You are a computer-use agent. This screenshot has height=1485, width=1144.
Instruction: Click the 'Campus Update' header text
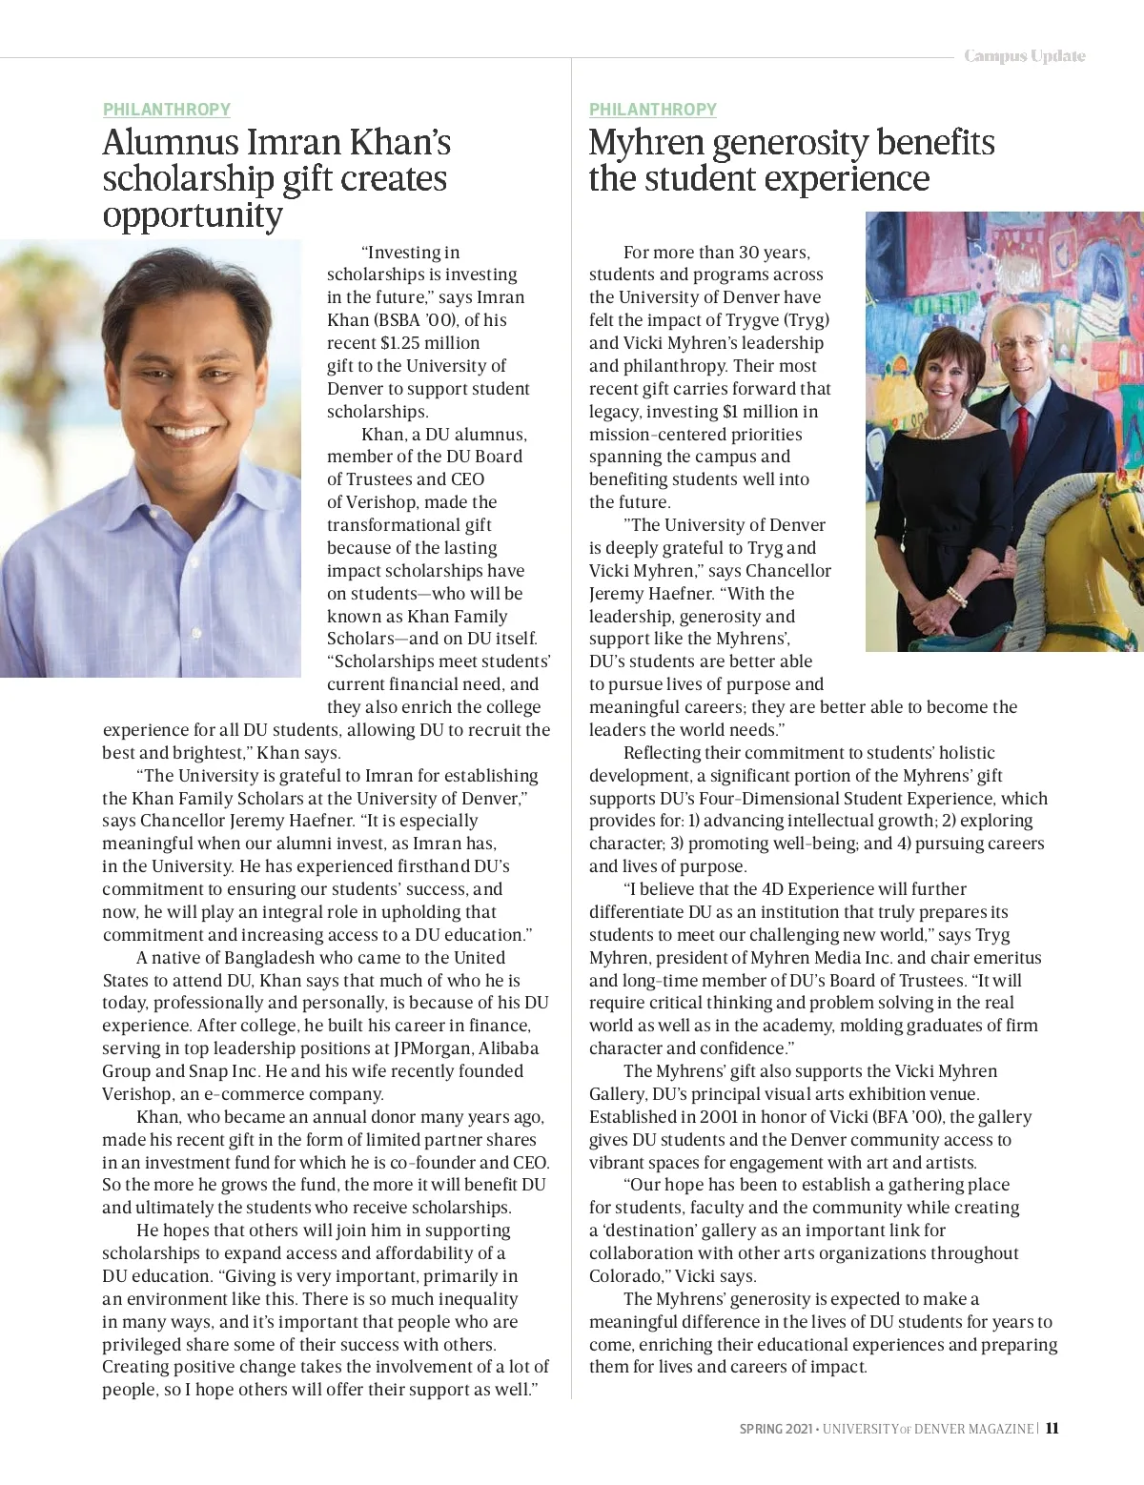click(1024, 56)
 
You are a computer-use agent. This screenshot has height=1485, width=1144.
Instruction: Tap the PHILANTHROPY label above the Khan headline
click(167, 110)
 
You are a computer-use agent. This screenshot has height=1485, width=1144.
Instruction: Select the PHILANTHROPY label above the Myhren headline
click(653, 110)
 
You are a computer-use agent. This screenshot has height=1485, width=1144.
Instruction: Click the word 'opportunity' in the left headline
click(193, 215)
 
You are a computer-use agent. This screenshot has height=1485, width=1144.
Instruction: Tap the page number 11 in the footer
click(1052, 1428)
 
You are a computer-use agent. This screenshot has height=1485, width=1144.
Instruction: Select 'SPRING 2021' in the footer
click(776, 1429)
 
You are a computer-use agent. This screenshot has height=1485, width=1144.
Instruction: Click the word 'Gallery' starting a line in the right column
click(617, 1094)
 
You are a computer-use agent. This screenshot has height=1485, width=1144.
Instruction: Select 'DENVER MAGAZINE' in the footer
click(973, 1429)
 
